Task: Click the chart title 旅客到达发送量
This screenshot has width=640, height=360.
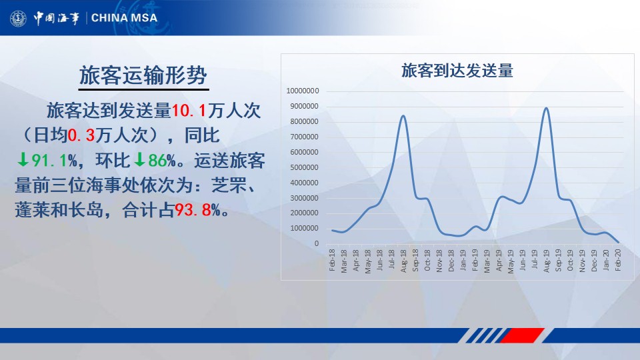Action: pyautogui.click(x=457, y=71)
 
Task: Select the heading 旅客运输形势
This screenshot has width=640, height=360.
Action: pyautogui.click(x=143, y=75)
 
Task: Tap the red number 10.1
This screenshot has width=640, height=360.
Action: pyautogui.click(x=189, y=111)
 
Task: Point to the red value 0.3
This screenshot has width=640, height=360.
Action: pyautogui.click(x=81, y=135)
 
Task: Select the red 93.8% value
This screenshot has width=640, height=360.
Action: pyautogui.click(x=197, y=210)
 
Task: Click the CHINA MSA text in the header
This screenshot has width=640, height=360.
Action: pyautogui.click(x=124, y=18)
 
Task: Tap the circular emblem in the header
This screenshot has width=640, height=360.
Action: pyautogui.click(x=18, y=19)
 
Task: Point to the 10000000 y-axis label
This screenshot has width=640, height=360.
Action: pyautogui.click(x=303, y=91)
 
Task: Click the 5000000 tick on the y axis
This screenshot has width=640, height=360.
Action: pyautogui.click(x=304, y=167)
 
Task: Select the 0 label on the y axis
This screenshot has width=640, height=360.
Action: pyautogui.click(x=316, y=244)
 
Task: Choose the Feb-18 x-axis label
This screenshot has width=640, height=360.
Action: pyautogui.click(x=332, y=260)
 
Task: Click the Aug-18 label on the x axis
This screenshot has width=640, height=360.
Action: pyautogui.click(x=404, y=261)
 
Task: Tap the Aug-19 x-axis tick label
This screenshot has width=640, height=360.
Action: pyautogui.click(x=547, y=261)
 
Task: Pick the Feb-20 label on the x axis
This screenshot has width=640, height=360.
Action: pyautogui.click(x=618, y=260)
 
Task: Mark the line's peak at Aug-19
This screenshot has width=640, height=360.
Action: pyautogui.click(x=546, y=108)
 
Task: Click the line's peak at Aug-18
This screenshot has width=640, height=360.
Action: pyautogui.click(x=403, y=115)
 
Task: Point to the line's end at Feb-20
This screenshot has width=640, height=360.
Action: pyautogui.click(x=619, y=243)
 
